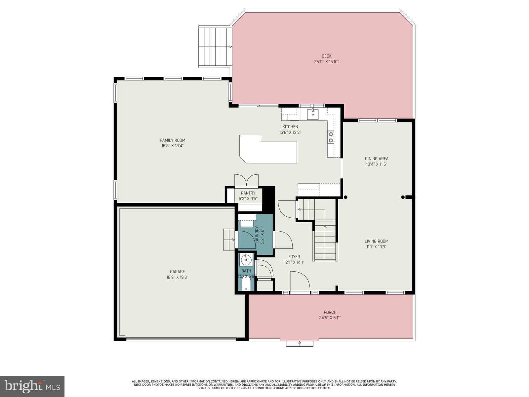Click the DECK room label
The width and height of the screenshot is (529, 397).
pyautogui.click(x=326, y=56)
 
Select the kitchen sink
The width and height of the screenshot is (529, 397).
pyautogui.click(x=312, y=114)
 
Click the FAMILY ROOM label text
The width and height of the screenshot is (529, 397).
pyautogui.click(x=173, y=140)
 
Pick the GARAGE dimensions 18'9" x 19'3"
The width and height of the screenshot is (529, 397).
pyautogui.click(x=177, y=277)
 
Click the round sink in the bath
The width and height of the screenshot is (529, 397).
pyautogui.click(x=246, y=260)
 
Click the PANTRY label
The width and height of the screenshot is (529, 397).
pyautogui.click(x=248, y=193)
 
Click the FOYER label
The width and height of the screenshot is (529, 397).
pyautogui.click(x=294, y=257)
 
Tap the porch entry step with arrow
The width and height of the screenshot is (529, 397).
pyautogui.click(x=300, y=343)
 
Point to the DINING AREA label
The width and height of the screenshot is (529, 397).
pyautogui.click(x=377, y=159)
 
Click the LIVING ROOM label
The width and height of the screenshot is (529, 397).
pyautogui.click(x=377, y=242)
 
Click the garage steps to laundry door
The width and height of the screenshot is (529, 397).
pyautogui.click(x=229, y=240)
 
